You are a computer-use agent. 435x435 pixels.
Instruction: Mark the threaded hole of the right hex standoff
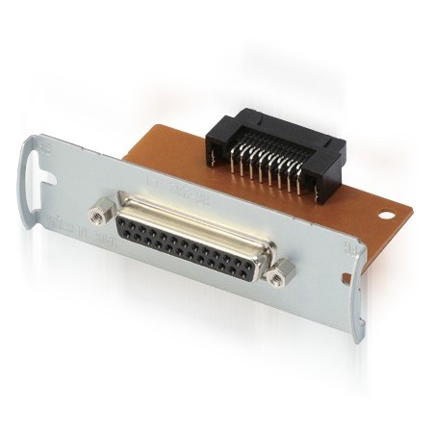[x=277, y=276]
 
